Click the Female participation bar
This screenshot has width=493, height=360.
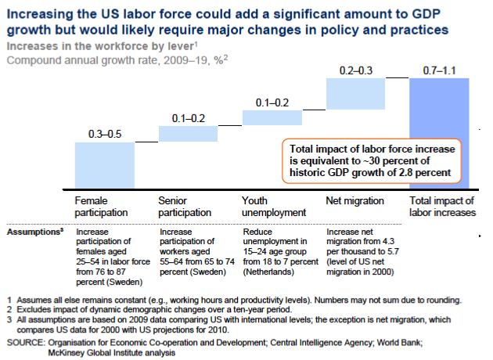tap(104, 166)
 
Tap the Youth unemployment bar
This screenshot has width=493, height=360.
tap(272, 117)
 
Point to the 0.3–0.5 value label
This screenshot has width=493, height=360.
tap(104, 135)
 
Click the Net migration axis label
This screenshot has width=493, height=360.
tap(353, 201)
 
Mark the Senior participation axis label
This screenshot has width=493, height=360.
tap(185, 207)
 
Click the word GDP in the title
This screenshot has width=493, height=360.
tap(427, 14)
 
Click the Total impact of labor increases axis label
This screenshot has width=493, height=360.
tap(443, 207)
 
